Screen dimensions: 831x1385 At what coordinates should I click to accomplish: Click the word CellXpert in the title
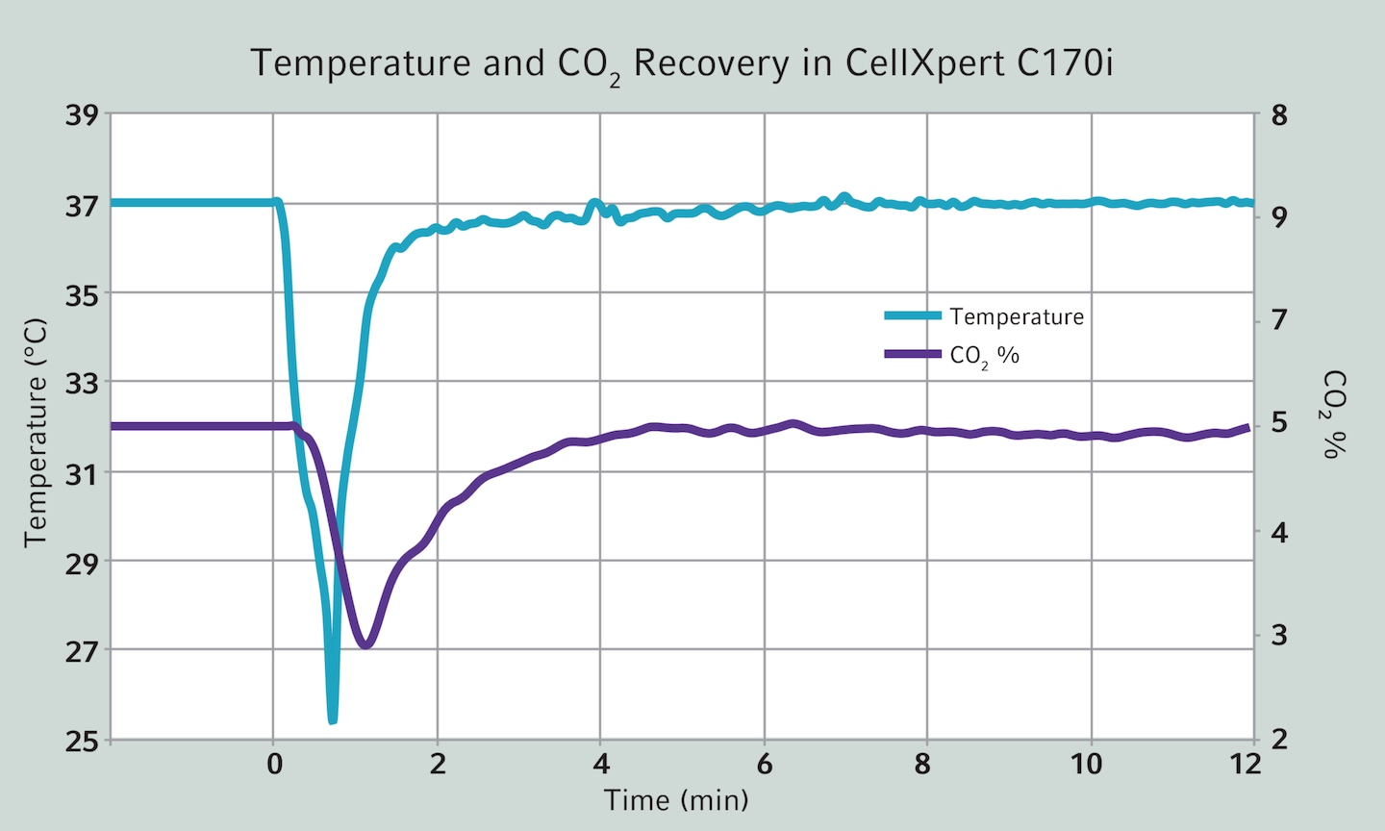point(925,63)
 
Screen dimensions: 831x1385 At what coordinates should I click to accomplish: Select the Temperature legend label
point(1016,316)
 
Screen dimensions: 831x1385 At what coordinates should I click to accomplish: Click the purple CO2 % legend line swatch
point(912,354)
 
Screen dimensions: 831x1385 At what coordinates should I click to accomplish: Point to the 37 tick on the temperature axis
point(82,205)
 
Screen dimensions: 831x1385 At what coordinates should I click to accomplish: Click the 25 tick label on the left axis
point(82,742)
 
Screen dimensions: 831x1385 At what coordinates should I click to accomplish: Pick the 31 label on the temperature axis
point(82,473)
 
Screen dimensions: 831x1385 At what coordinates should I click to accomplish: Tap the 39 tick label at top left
point(82,115)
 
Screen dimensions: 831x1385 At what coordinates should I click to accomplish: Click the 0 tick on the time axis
point(274,765)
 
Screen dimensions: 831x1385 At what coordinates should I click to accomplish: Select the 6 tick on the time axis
point(764,765)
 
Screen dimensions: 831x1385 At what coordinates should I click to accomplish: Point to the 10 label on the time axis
point(1086,765)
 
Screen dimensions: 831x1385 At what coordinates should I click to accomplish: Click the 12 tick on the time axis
point(1245,765)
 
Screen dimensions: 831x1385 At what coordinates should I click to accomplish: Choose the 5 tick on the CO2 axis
point(1279,422)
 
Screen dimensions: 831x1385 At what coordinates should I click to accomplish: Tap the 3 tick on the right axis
point(1279,635)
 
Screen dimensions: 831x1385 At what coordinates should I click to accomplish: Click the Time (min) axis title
point(676,800)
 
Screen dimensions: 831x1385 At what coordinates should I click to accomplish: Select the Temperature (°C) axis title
point(36,433)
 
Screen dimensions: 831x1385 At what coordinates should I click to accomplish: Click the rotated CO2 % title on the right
point(1333,414)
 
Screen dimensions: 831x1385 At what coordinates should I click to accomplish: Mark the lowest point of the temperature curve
point(333,719)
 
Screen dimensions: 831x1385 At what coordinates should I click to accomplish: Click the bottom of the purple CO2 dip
point(365,644)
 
